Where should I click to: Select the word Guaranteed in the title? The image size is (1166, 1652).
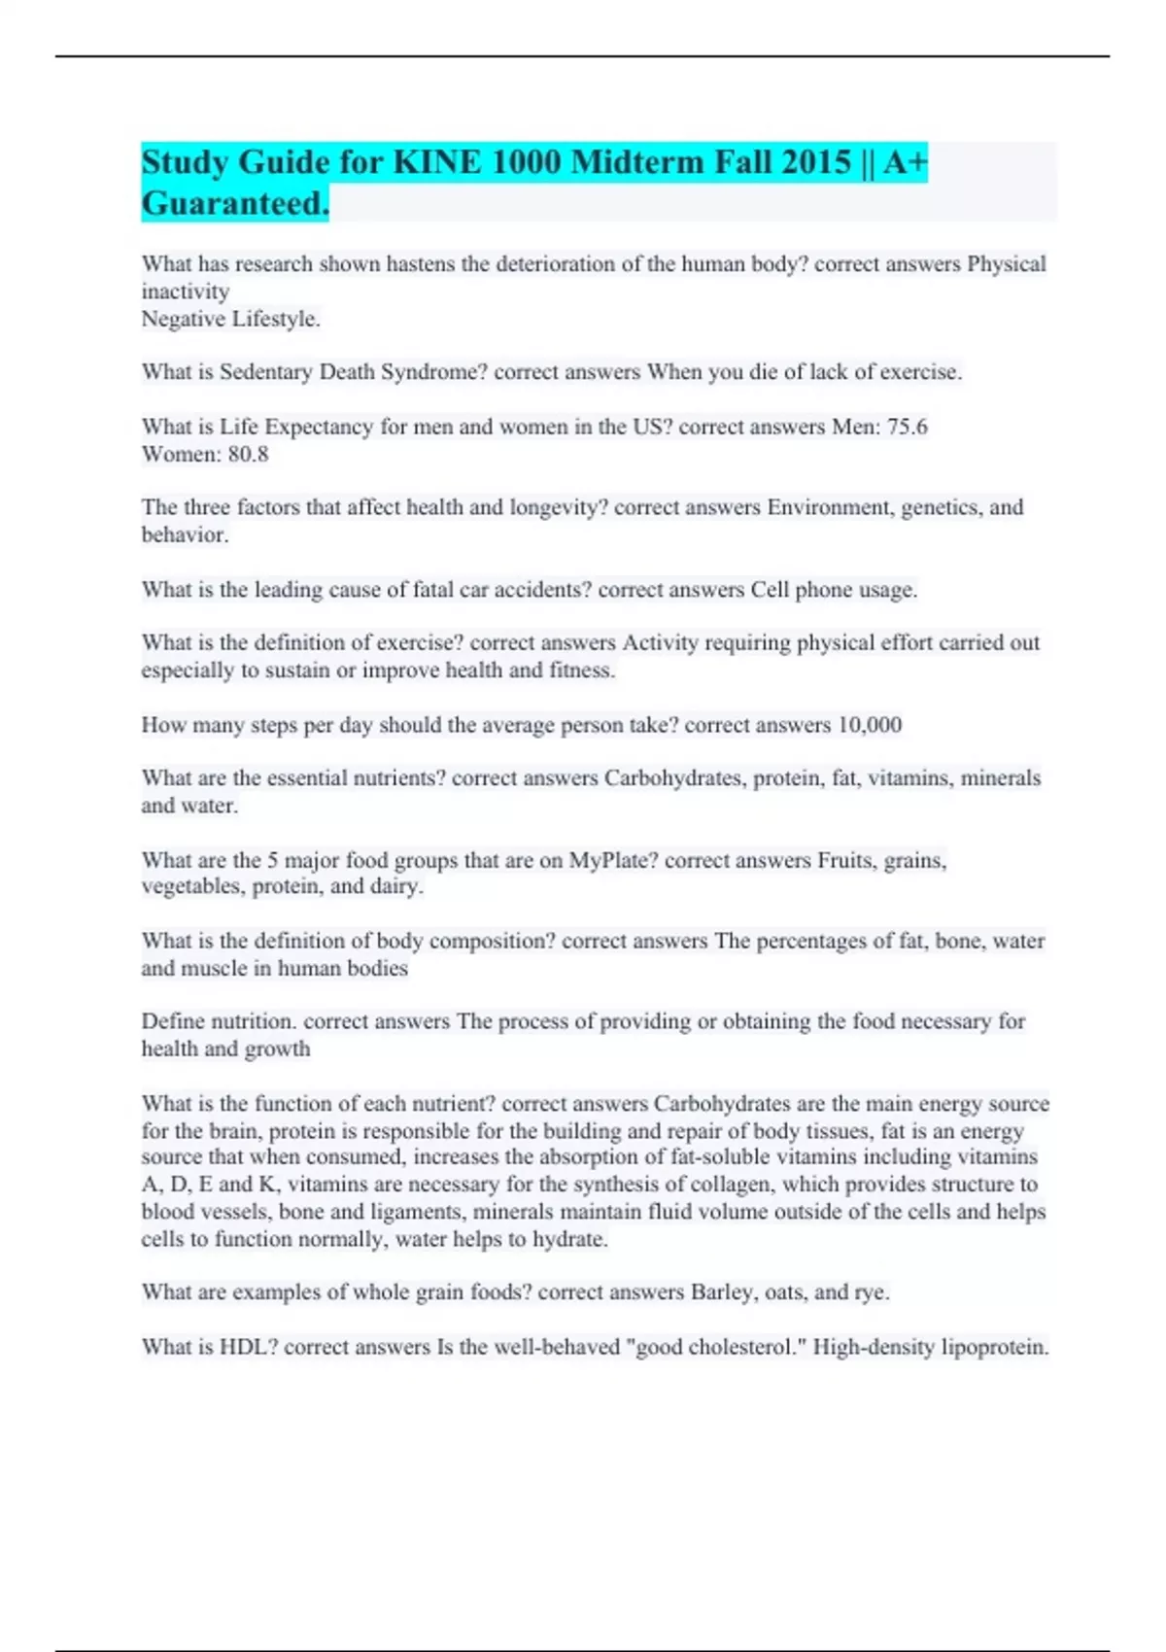pos(234,204)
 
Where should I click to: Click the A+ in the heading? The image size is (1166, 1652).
pos(907,162)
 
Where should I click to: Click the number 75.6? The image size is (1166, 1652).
pos(907,427)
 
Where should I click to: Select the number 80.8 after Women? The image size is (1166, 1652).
pos(248,454)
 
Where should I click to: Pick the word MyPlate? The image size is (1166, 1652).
pos(612,860)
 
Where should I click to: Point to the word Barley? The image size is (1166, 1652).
pos(722,1292)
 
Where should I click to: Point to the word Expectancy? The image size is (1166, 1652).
pos(319,427)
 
